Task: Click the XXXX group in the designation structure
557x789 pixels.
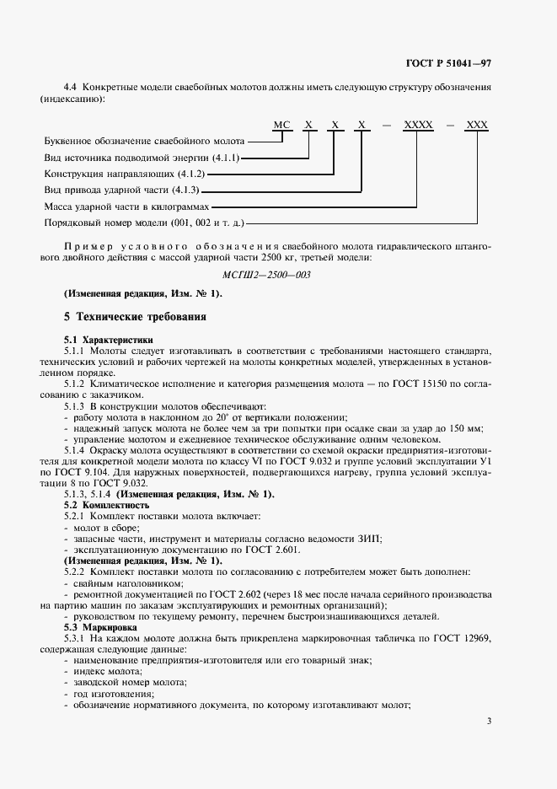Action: click(x=419, y=125)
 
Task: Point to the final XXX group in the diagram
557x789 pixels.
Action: click(x=477, y=125)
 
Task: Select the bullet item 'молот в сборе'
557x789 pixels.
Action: click(x=104, y=525)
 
